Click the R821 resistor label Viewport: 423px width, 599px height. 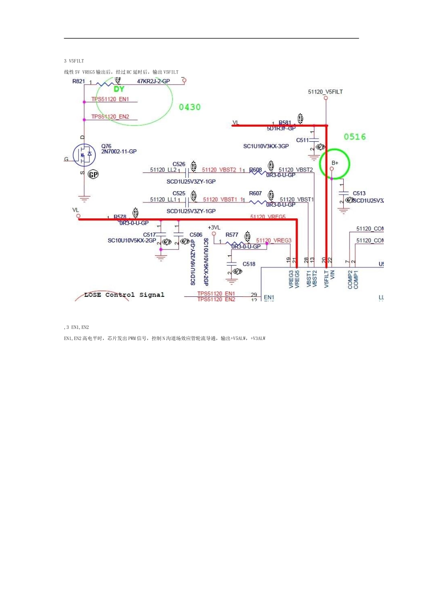(x=78, y=82)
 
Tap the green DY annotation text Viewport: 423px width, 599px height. (x=119, y=89)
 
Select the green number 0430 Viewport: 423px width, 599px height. (x=190, y=107)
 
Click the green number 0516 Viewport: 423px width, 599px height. (x=354, y=137)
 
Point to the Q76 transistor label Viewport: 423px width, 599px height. (x=106, y=146)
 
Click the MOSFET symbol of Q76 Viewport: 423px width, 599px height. (x=84, y=155)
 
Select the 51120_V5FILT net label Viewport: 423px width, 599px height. (x=325, y=92)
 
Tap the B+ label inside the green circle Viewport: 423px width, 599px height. (x=335, y=163)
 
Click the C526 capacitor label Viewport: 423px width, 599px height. (x=179, y=164)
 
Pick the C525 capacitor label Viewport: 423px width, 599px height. (x=179, y=193)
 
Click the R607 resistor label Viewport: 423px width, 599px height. (x=255, y=193)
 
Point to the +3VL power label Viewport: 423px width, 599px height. (x=214, y=228)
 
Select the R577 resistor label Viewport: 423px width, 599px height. (x=232, y=235)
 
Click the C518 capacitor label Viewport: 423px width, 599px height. (x=249, y=264)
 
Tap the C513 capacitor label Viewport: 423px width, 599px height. (x=359, y=193)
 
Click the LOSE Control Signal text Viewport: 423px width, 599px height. (x=124, y=295)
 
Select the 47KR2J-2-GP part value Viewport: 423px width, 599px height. (x=153, y=82)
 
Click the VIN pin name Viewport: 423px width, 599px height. (x=332, y=279)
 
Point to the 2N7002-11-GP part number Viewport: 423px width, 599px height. (x=119, y=152)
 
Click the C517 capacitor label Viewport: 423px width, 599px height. (x=149, y=235)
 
